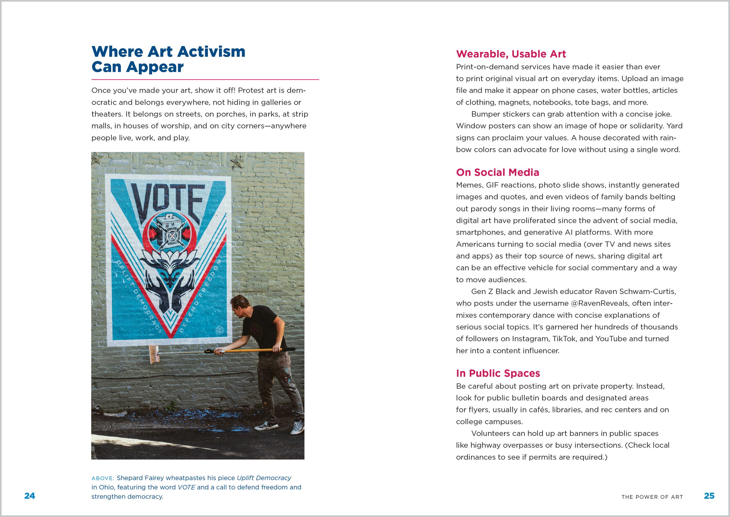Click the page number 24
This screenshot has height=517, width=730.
(x=29, y=496)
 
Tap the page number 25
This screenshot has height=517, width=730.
(x=709, y=496)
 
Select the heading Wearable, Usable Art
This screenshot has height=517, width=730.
(x=511, y=54)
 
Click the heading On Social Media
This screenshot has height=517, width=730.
(x=498, y=173)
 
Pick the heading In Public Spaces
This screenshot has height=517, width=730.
(x=498, y=373)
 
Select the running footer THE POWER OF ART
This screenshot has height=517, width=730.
(x=652, y=497)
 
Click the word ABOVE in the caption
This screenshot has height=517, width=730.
(x=102, y=479)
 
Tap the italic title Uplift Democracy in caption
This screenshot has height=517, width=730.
(x=264, y=478)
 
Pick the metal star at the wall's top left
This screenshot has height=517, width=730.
(x=97, y=159)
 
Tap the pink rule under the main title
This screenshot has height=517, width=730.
(x=205, y=79)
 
